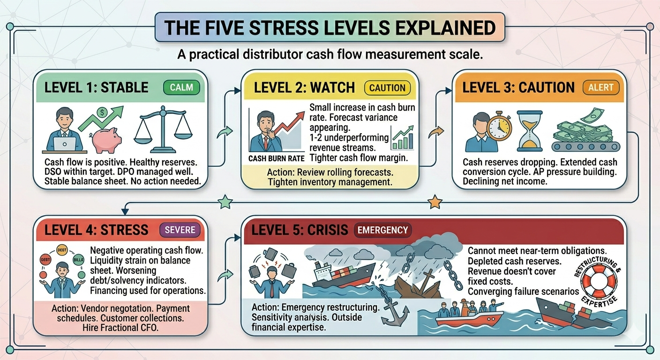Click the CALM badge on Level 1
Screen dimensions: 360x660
point(181,87)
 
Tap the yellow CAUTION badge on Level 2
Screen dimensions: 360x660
point(387,88)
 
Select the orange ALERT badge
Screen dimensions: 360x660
point(601,87)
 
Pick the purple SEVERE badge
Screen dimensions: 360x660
point(180,230)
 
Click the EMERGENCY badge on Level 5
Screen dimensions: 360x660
point(382,230)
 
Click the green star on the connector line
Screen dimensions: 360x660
point(226,202)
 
